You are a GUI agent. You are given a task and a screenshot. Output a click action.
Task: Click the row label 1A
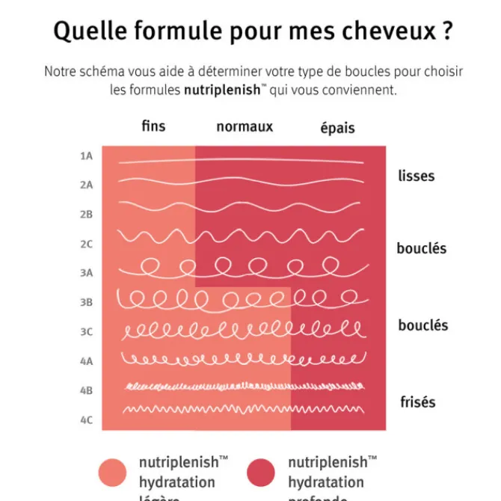pyautogui.click(x=86, y=156)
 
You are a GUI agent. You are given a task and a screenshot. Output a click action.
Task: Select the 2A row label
pyautogui.click(x=86, y=185)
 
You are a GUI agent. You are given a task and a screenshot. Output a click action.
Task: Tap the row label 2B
pyautogui.click(x=86, y=214)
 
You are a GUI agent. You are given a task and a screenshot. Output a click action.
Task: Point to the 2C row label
pyautogui.click(x=86, y=244)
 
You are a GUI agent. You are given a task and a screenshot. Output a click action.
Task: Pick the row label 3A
pyautogui.click(x=86, y=273)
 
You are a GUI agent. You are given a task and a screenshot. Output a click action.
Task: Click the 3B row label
pyautogui.click(x=86, y=302)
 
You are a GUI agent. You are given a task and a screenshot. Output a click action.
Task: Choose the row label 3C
pyautogui.click(x=86, y=331)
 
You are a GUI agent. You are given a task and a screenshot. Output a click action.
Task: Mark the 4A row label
pyautogui.click(x=86, y=360)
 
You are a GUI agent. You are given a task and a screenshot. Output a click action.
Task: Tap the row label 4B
pyautogui.click(x=86, y=390)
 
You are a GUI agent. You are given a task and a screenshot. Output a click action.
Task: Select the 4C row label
pyautogui.click(x=86, y=419)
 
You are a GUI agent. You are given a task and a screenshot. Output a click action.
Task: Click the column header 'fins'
pyautogui.click(x=153, y=126)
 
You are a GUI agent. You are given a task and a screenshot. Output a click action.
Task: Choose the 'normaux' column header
pyautogui.click(x=245, y=127)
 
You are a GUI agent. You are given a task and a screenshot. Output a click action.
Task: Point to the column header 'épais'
pyautogui.click(x=337, y=128)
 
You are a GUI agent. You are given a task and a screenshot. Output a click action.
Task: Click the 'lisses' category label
pyautogui.click(x=417, y=176)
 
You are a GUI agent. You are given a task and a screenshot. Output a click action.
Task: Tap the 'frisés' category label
pyautogui.click(x=417, y=402)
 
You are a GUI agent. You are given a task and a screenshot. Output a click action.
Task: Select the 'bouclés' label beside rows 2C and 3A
pyautogui.click(x=422, y=248)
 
